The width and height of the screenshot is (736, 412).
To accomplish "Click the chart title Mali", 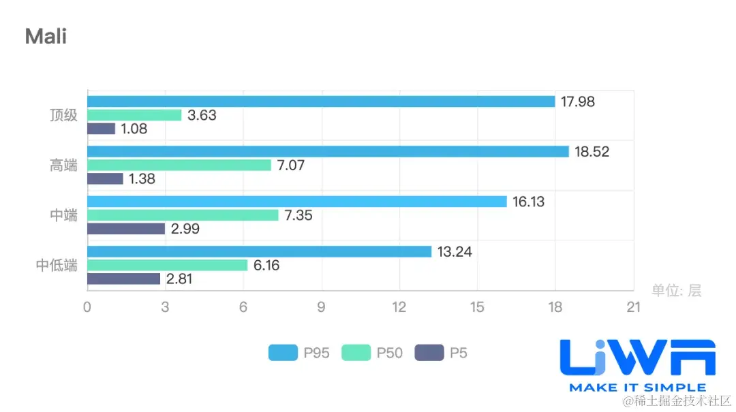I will click(46, 36).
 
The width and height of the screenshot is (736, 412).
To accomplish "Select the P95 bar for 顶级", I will click(321, 101).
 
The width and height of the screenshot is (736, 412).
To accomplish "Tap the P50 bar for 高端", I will click(179, 165).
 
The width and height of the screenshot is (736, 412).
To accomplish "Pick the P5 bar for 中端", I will click(126, 229).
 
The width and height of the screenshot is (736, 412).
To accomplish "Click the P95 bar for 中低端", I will click(259, 251).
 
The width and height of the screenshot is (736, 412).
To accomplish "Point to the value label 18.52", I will click(592, 152).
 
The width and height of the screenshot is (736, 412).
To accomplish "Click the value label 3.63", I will click(202, 115).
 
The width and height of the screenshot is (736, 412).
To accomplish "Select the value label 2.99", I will click(185, 229).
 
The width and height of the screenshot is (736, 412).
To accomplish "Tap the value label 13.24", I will click(455, 252).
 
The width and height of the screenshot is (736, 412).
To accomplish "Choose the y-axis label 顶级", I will click(64, 115).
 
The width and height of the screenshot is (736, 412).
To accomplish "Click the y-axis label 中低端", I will click(57, 265).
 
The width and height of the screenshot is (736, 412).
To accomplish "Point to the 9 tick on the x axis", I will click(321, 307).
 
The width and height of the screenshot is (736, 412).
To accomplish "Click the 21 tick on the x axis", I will click(634, 307).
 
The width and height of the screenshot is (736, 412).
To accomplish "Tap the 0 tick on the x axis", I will click(87, 307).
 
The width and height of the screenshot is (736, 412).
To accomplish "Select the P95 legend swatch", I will click(283, 353).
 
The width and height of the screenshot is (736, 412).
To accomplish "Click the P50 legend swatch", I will click(356, 353).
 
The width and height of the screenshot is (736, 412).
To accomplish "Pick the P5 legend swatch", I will click(429, 353).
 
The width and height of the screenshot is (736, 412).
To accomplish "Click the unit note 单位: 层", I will click(676, 291).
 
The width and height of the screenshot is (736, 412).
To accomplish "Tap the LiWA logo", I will click(637, 358).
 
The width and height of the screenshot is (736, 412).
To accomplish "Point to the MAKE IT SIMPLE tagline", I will click(637, 387).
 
